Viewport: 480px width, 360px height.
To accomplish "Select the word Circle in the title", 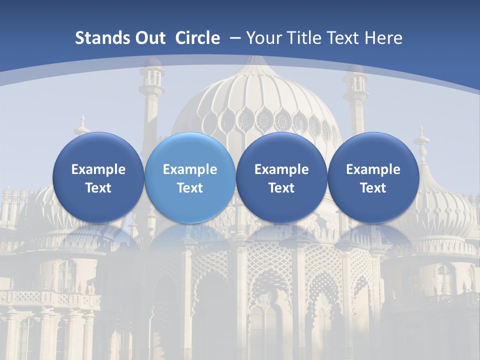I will coord(197,38).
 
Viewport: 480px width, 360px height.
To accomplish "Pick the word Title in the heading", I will coord(302,38).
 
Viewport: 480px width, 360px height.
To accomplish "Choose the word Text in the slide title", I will coord(342,38).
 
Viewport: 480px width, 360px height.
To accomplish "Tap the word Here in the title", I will coord(383,38).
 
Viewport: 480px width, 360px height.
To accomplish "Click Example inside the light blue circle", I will coord(190,169).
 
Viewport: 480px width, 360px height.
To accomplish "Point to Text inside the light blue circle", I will coord(190,188).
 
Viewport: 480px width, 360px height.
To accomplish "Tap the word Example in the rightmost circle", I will coord(373,169).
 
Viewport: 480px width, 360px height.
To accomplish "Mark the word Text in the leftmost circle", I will coord(98,188).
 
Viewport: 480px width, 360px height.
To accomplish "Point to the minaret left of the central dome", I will coord(151,100).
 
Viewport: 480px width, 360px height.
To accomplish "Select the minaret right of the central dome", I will coord(355,100).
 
